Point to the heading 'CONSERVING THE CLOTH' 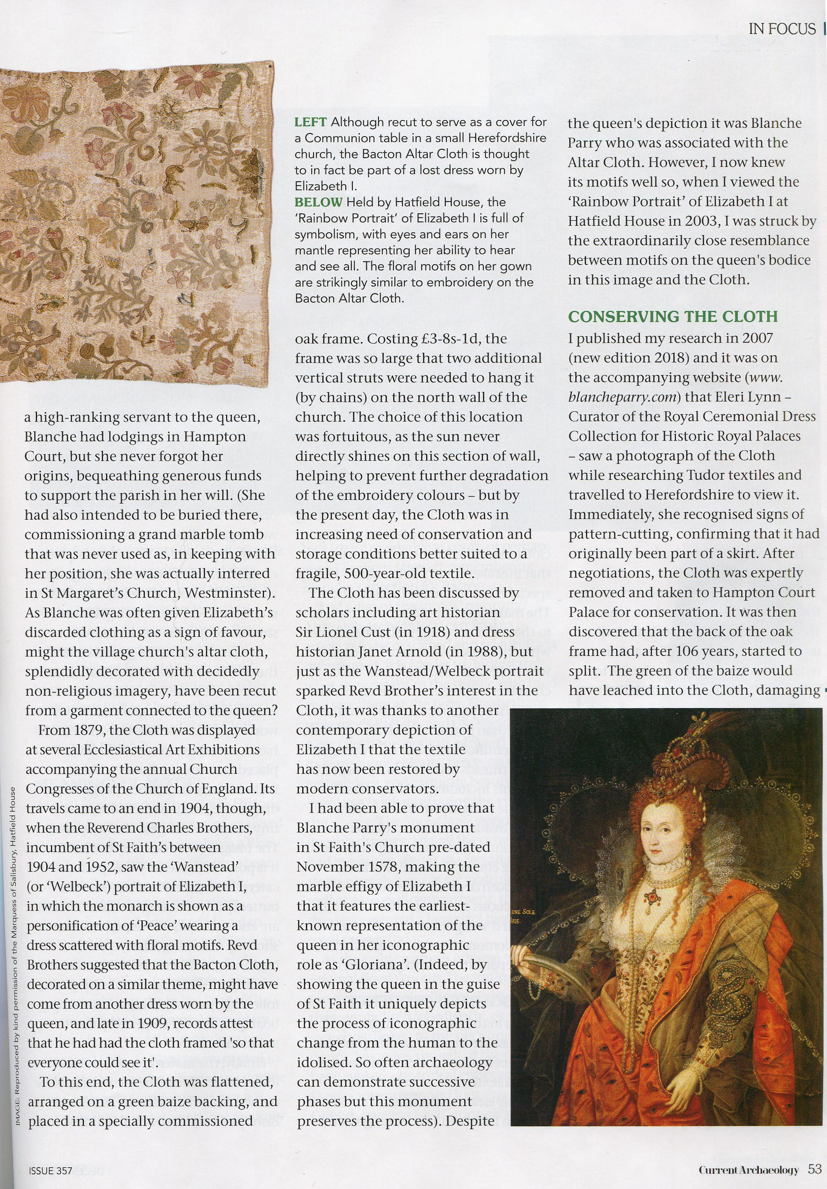pyautogui.click(x=673, y=317)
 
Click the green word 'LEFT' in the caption pyautogui.click(x=310, y=122)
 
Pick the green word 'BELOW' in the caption pyautogui.click(x=318, y=202)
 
